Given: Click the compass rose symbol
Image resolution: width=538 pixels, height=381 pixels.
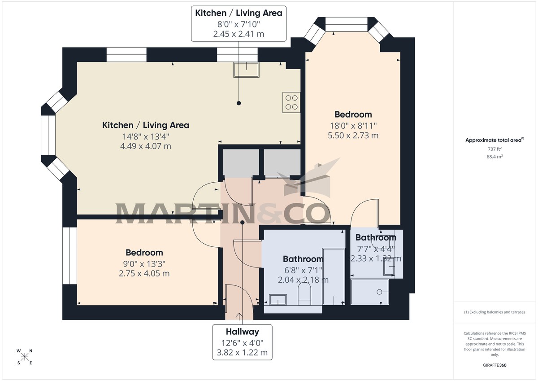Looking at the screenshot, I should pyautogui.click(x=25, y=357).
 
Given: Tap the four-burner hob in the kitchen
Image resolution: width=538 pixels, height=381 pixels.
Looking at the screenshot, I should pyautogui.click(x=291, y=102).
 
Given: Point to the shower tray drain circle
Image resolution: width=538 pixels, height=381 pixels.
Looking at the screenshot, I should pyautogui.click(x=380, y=292).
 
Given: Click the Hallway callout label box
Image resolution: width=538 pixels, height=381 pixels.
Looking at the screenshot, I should pyautogui.click(x=242, y=342).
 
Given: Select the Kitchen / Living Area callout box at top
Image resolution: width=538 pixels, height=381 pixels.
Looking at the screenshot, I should pyautogui.click(x=239, y=23).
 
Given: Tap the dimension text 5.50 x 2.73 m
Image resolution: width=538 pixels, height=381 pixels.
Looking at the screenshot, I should pyautogui.click(x=353, y=135).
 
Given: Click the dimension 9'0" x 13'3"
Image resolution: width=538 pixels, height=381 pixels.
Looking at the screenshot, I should pyautogui.click(x=144, y=263).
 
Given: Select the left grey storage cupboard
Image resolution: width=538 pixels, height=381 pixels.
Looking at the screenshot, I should pyautogui.click(x=241, y=162).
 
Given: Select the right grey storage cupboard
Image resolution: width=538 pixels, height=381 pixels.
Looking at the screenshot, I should pyautogui.click(x=282, y=162).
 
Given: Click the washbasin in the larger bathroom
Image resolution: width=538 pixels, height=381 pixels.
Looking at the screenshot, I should pyautogui.click(x=278, y=300).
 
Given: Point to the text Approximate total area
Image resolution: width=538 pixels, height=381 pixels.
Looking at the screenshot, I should pyautogui.click(x=493, y=140).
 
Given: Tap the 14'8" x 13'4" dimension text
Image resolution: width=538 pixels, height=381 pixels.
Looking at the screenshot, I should pyautogui.click(x=146, y=136).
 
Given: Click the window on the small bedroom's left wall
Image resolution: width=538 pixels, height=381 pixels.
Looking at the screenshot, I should pyautogui.click(x=69, y=256).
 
